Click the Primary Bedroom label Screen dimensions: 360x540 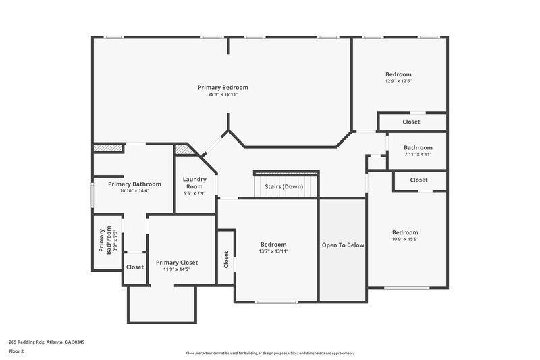pos(223,88)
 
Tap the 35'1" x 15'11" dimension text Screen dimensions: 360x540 pos(223,95)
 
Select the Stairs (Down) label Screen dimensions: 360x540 pos(283,186)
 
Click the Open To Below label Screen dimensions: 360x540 pos(343,245)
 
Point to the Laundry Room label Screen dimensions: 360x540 pos(194,183)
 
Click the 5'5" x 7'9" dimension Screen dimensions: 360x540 pos(194,194)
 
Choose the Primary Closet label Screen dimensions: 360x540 pos(177,262)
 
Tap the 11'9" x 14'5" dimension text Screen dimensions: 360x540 pos(177,269)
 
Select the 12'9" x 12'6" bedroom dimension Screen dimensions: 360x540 pos(398,81)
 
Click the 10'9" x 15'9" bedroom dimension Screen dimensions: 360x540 pos(405,239)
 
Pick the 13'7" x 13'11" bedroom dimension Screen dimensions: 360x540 pos(274,251)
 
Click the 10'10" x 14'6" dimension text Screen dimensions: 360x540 pos(134,191)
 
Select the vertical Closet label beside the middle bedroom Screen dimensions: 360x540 pos(226,258)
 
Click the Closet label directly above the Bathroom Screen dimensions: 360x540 pos(411,122)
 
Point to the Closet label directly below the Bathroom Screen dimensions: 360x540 pos(419,180)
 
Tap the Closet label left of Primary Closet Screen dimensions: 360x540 pos(135,267)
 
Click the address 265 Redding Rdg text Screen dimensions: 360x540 pos(47,342)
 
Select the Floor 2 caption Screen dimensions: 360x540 pos(16,352)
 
